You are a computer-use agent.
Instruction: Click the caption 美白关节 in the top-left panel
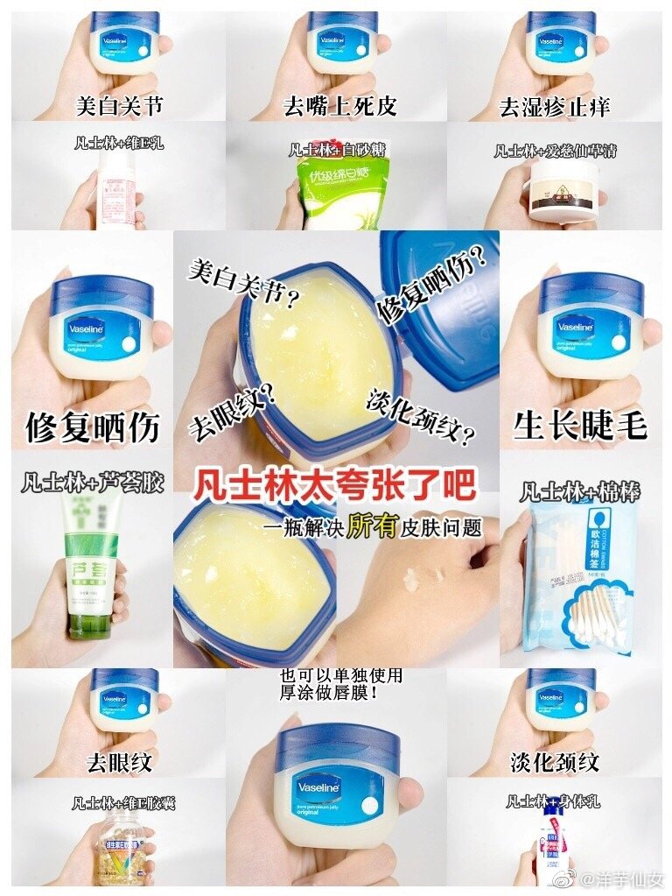click(x=119, y=107)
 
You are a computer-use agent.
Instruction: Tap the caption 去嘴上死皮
click(x=340, y=107)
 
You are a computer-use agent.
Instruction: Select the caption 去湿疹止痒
click(x=555, y=107)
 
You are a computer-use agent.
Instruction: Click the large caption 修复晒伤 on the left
click(x=93, y=427)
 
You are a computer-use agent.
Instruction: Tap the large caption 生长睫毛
click(x=580, y=425)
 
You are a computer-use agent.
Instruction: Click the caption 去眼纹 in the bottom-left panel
click(x=119, y=761)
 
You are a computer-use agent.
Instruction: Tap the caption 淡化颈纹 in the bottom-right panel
click(x=555, y=761)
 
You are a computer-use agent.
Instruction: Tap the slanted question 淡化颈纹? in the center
click(x=421, y=417)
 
